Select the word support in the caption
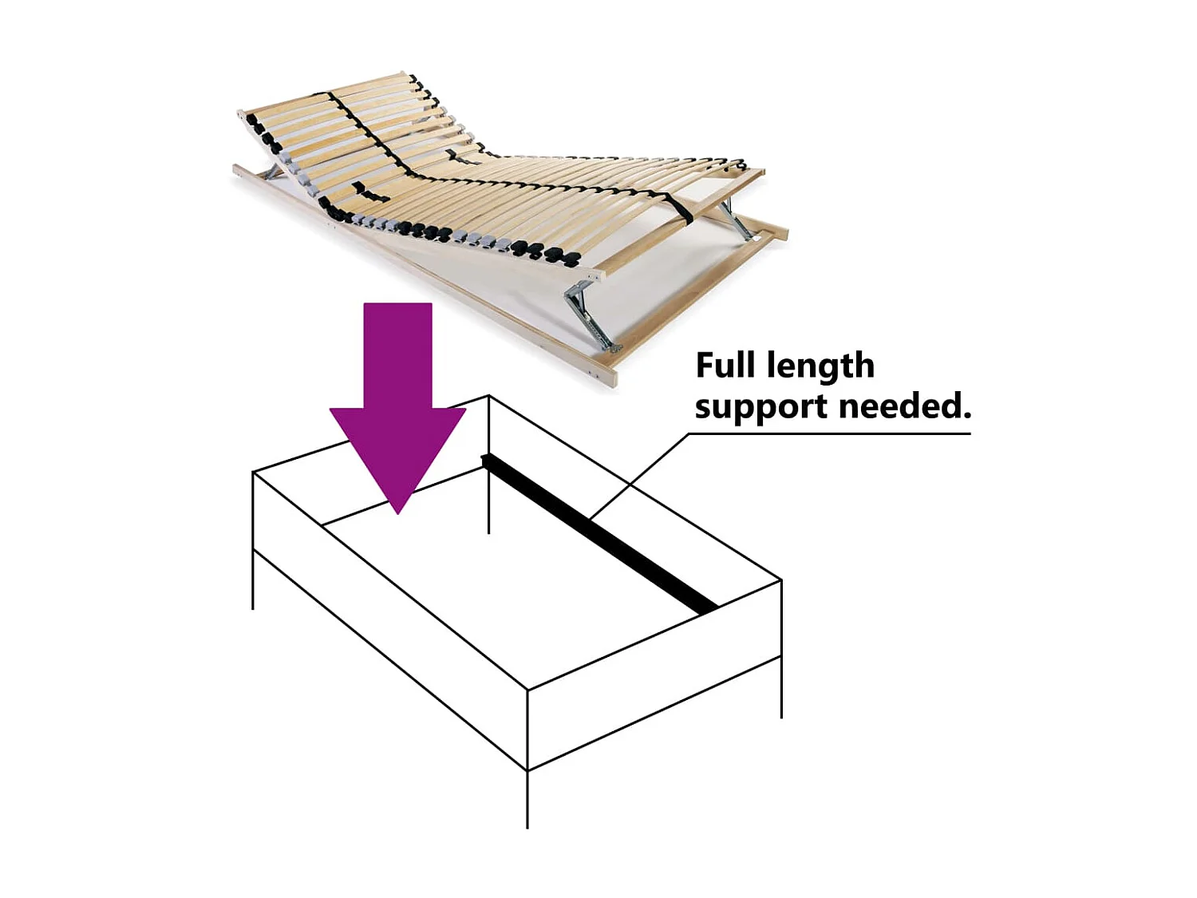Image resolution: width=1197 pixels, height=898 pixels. point(760,407)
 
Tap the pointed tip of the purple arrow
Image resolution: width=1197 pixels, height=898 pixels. point(397,509)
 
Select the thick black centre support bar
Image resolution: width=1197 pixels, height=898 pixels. point(598,531)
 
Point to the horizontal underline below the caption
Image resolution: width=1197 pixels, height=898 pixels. point(830,434)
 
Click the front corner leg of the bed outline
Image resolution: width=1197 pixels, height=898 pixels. point(527,798)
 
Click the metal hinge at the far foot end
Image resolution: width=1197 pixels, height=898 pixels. point(734,220)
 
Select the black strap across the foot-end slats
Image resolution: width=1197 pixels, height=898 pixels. point(678,207)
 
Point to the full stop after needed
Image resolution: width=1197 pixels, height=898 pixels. point(967,416)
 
